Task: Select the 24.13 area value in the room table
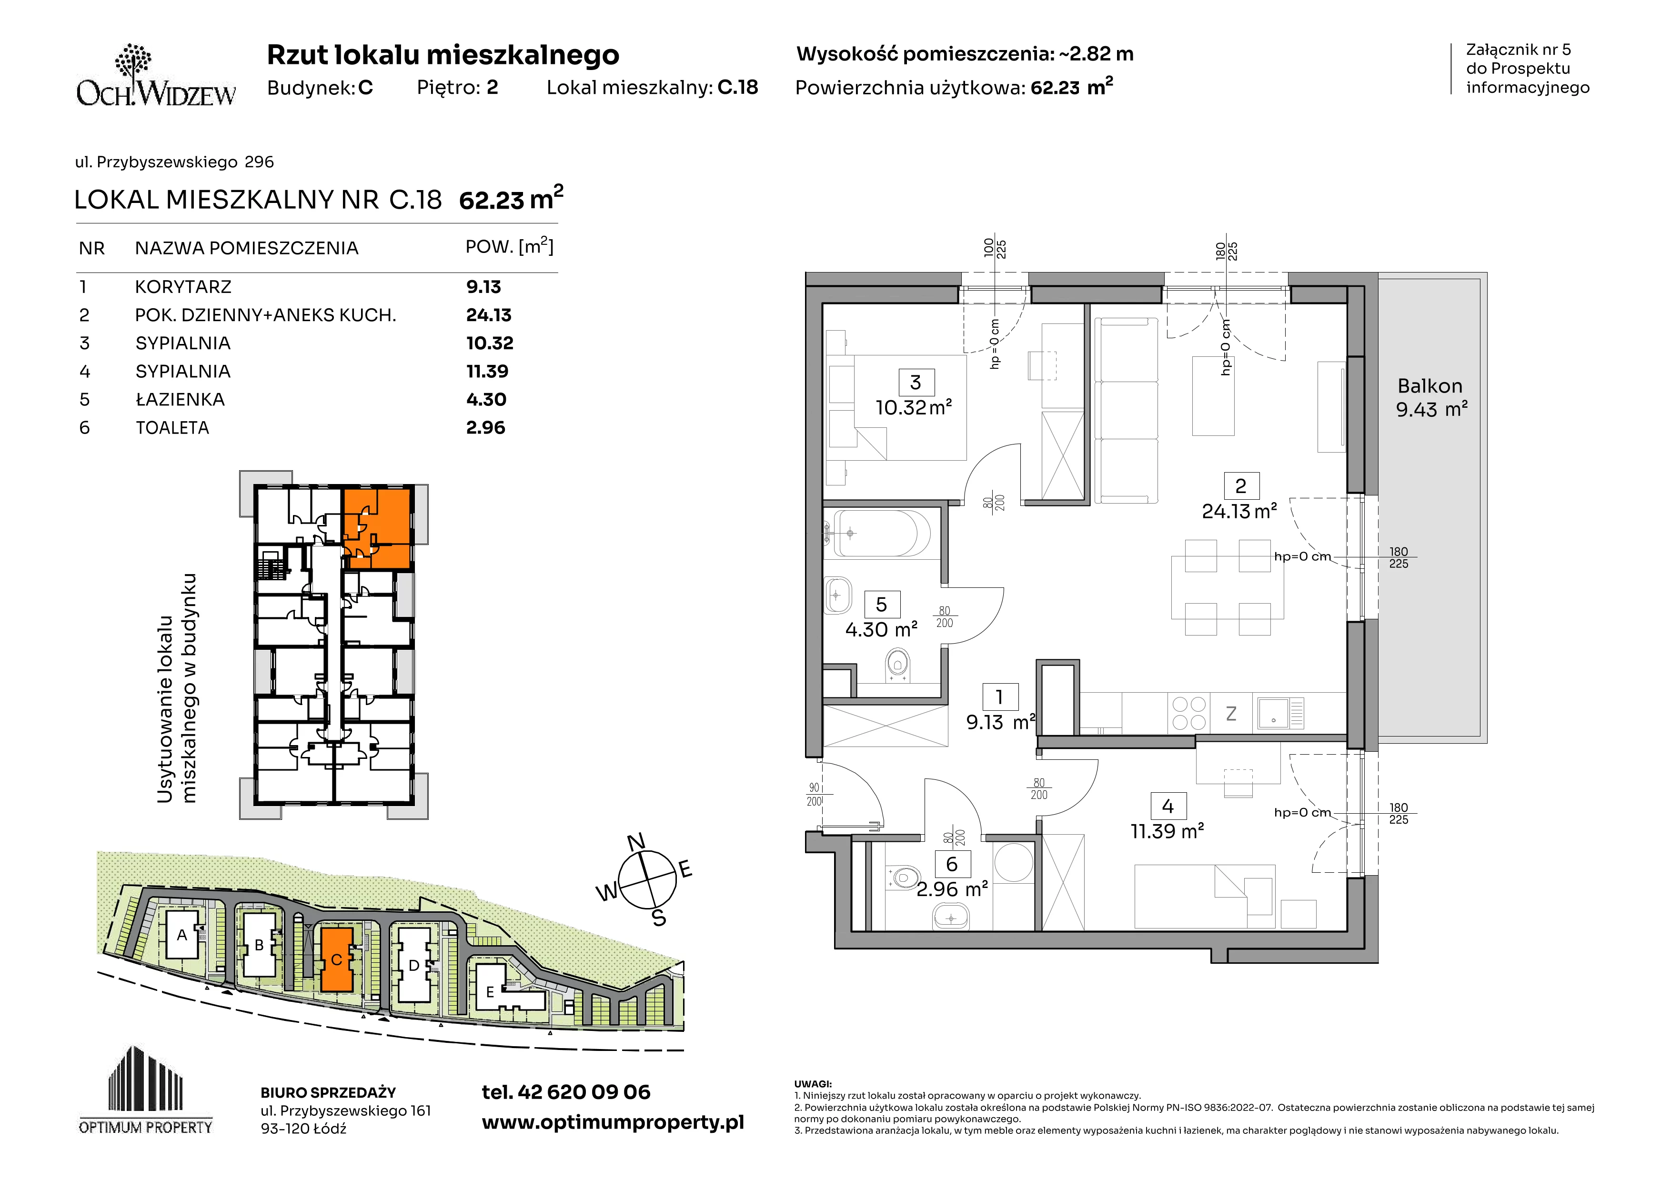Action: point(488,315)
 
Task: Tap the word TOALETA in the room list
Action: point(172,428)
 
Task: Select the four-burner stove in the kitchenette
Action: point(1188,713)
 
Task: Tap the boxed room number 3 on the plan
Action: point(916,383)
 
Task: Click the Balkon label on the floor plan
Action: point(1430,386)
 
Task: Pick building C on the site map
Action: point(336,959)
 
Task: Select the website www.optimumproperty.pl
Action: point(613,1123)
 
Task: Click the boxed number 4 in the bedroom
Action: point(1168,806)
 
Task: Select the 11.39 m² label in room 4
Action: point(1168,831)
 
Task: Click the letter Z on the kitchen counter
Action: point(1231,714)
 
